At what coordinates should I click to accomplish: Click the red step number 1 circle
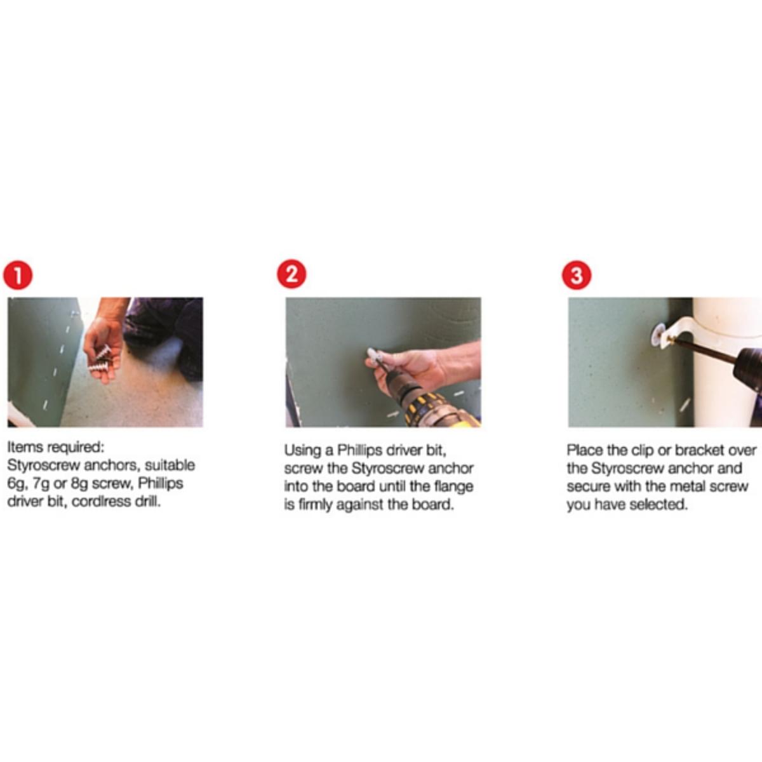pos(18,275)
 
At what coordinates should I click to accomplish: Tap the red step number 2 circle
pos(291,274)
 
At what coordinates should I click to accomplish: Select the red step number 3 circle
pos(577,275)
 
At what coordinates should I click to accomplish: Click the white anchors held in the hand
pos(100,359)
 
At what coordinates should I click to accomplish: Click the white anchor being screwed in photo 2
pos(373,356)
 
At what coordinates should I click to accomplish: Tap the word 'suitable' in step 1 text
pos(170,465)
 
